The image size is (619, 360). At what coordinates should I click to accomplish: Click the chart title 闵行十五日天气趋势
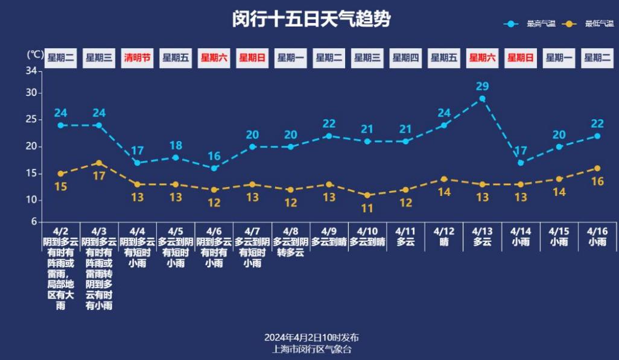311,19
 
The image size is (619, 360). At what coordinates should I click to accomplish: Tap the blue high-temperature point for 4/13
482,98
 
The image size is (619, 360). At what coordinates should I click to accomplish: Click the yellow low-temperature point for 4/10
367,195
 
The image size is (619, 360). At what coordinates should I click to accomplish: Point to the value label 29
482,86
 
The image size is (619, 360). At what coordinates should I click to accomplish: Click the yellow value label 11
367,208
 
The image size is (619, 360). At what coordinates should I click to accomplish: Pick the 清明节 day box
138,58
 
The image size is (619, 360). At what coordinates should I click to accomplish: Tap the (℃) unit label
36,54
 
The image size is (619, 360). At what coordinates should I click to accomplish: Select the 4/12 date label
443,231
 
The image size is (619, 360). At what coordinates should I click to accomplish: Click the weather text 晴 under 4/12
443,242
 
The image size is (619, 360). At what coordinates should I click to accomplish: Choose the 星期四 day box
405,58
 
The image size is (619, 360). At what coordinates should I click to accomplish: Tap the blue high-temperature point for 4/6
214,168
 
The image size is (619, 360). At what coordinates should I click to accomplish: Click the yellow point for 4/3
99,163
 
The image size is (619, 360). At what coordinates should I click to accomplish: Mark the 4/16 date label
597,231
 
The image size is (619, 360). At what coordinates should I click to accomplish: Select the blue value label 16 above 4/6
214,156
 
